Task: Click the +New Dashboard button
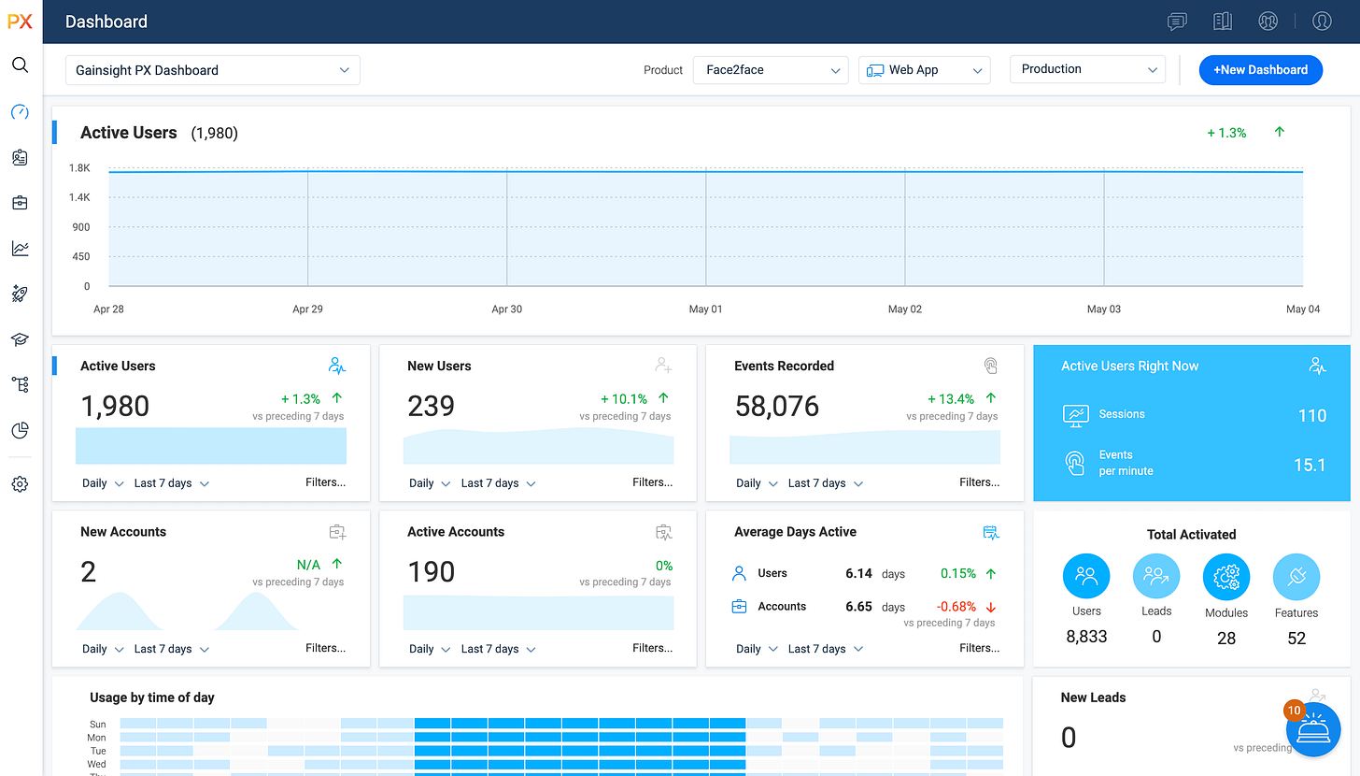tap(1260, 70)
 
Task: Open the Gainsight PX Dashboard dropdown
tap(212, 70)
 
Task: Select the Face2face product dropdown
tap(771, 70)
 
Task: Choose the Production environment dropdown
tap(1087, 69)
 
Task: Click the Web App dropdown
tap(924, 70)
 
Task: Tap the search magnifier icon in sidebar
tap(20, 65)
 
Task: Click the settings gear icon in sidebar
tap(20, 484)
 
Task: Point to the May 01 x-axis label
tap(705, 309)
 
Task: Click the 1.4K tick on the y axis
tap(79, 198)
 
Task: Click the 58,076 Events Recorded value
tap(777, 407)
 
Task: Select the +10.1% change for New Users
tap(624, 399)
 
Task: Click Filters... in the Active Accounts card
tap(652, 648)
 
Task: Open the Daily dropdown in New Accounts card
tap(103, 649)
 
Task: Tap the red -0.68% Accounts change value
tap(956, 607)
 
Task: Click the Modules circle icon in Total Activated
tap(1225, 577)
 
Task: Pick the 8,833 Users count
tap(1086, 638)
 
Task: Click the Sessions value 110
tap(1311, 416)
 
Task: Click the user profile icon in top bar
tap(1322, 22)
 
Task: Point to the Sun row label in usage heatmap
tap(98, 725)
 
